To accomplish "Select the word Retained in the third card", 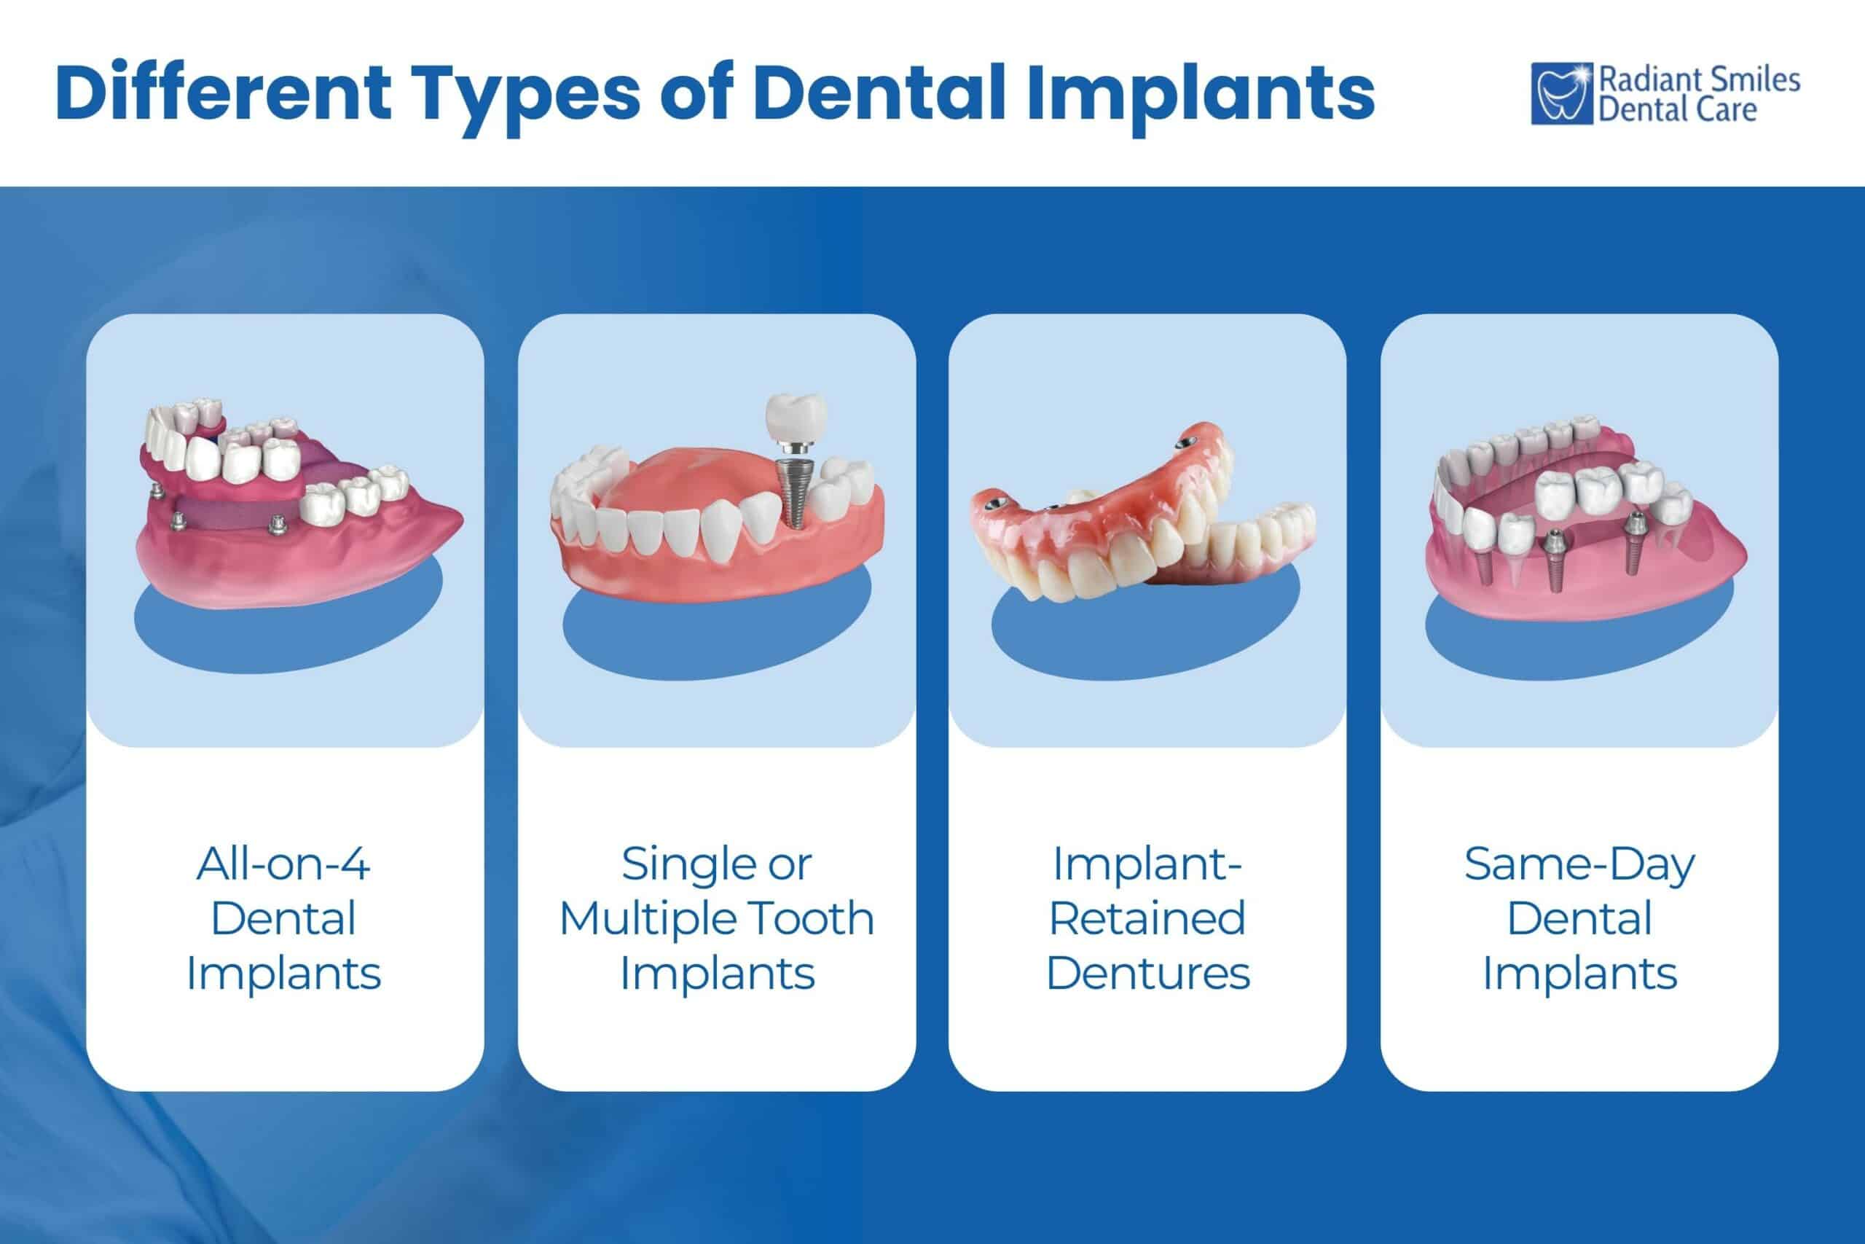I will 1147,918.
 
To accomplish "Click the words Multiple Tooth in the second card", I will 717,918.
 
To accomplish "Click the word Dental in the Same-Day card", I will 1579,918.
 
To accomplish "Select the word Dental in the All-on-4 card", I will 283,918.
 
